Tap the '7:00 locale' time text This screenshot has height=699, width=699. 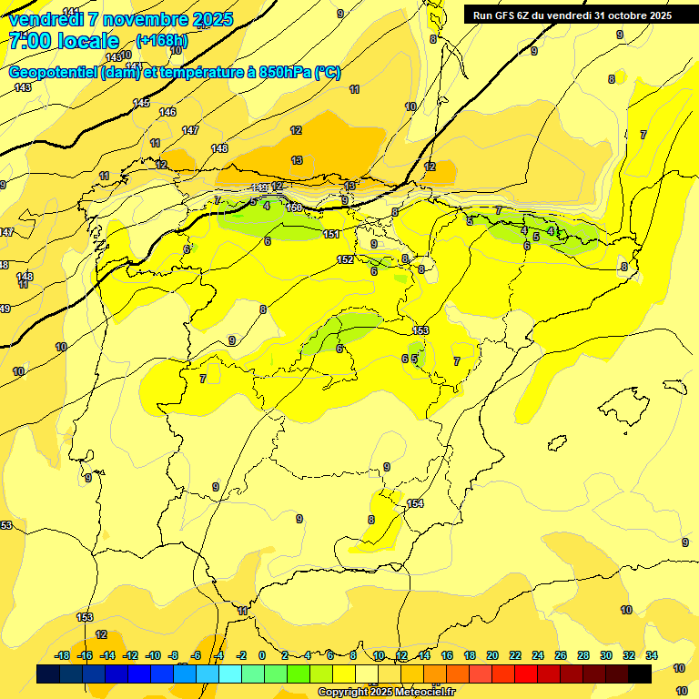pos(64,41)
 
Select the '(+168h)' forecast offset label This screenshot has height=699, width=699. pos(161,41)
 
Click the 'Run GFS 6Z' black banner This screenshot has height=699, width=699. pos(572,15)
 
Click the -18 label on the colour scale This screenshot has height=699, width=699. pos(63,655)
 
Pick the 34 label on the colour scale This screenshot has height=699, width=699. pos(653,655)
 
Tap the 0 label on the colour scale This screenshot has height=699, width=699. pos(262,655)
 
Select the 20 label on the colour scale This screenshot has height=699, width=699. pos(492,655)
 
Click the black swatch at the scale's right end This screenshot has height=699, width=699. pos(640,674)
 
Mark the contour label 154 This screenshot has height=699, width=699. pos(415,503)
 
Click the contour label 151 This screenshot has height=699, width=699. pos(332,235)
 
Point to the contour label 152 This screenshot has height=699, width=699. pos(345,259)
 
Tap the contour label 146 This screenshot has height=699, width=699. pos(167,112)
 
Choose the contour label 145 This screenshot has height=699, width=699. pos(141,103)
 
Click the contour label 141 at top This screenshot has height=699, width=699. pos(71,11)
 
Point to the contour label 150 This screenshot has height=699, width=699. pos(294,208)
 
